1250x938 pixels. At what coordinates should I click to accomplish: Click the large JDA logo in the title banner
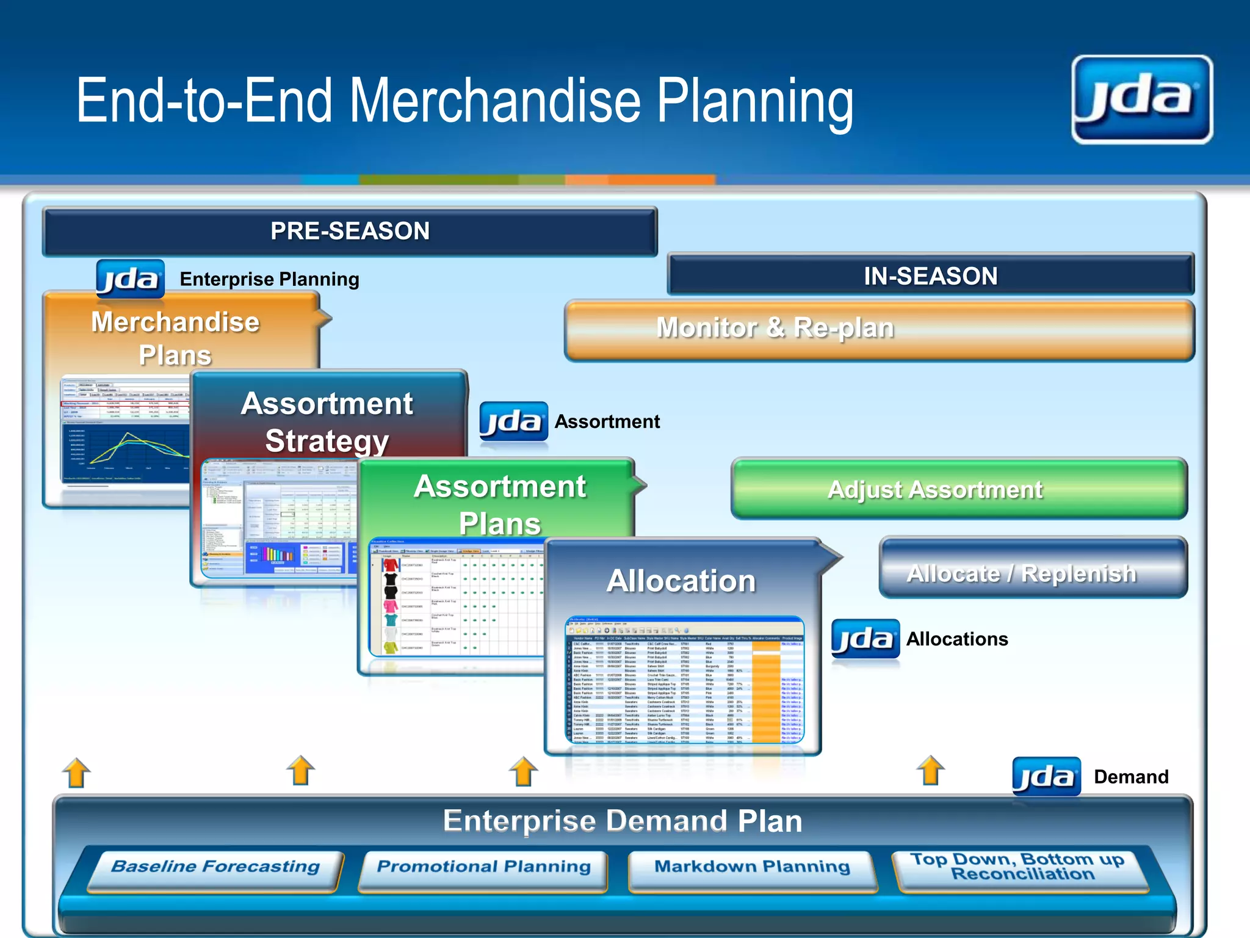(1141, 100)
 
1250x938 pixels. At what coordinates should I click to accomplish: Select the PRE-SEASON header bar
(350, 231)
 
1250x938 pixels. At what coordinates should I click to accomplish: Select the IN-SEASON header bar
(930, 276)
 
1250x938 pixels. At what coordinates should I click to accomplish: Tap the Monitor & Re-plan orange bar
(879, 329)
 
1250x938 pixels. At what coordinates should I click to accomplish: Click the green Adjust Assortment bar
(958, 489)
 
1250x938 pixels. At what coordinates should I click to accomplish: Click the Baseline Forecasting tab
(215, 868)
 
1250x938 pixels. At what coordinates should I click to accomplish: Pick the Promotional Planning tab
(483, 868)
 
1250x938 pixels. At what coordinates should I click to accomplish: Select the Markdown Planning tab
(752, 868)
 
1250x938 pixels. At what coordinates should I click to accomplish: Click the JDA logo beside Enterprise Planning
(130, 279)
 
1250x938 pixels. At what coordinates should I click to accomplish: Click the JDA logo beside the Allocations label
(865, 639)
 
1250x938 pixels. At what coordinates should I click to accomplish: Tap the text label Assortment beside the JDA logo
(607, 421)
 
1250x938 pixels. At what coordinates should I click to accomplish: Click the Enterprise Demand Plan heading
(623, 821)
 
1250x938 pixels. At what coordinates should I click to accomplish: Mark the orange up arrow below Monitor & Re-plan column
(930, 771)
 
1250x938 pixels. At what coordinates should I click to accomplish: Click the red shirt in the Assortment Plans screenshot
(391, 565)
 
